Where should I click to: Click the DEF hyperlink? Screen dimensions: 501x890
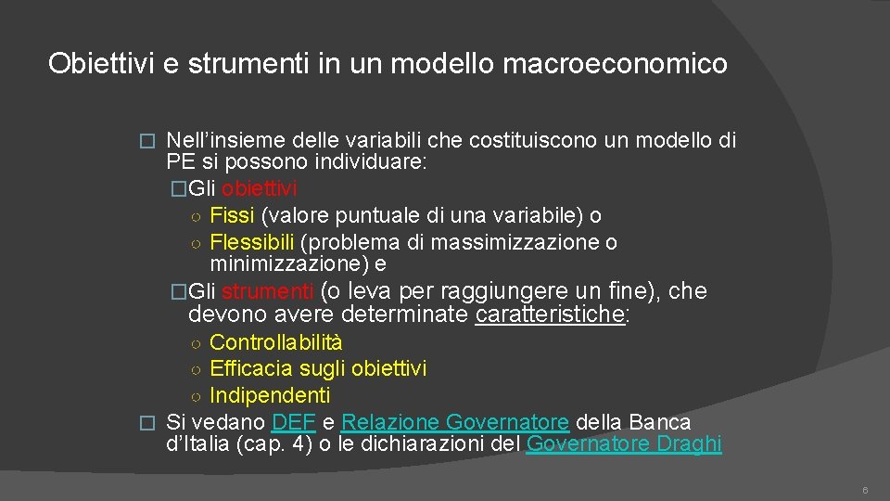pyautogui.click(x=295, y=422)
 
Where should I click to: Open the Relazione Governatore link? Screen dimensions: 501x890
pyautogui.click(x=455, y=422)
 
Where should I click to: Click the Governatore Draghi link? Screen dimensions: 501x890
pyautogui.click(x=623, y=443)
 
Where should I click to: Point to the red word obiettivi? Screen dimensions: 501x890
pyautogui.click(x=260, y=189)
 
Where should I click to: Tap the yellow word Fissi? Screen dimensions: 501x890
pyautogui.click(x=233, y=216)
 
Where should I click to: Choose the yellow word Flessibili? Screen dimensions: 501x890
pyautogui.click(x=251, y=242)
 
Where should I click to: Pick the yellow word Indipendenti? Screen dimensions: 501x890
pyautogui.click(x=270, y=395)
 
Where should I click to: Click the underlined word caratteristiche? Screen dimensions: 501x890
pyautogui.click(x=550, y=315)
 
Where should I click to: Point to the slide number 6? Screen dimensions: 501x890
pyautogui.click(x=864, y=490)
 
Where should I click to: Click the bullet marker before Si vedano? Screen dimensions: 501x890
pyautogui.click(x=143, y=423)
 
